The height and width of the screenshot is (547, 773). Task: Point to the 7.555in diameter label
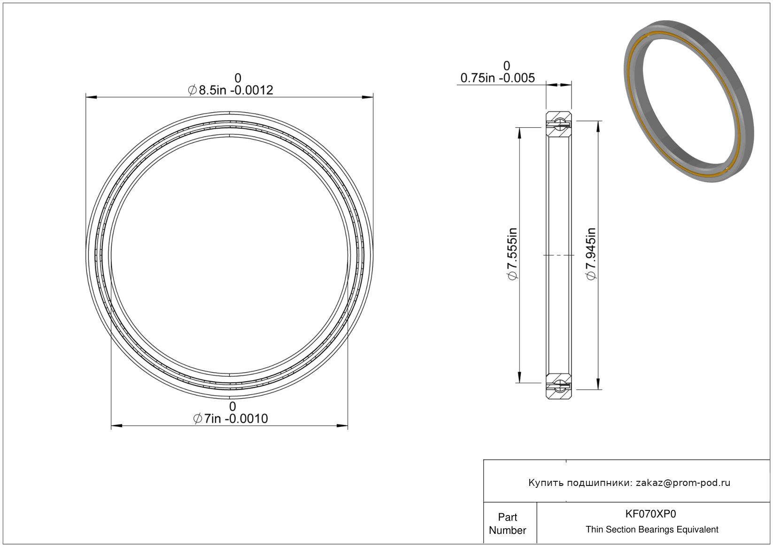[512, 254]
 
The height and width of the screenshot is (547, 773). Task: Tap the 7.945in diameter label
[591, 254]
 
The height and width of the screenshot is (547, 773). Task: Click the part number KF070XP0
[650, 514]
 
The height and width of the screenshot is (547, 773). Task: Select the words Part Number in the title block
[507, 524]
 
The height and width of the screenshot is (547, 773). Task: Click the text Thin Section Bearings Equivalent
[652, 530]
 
